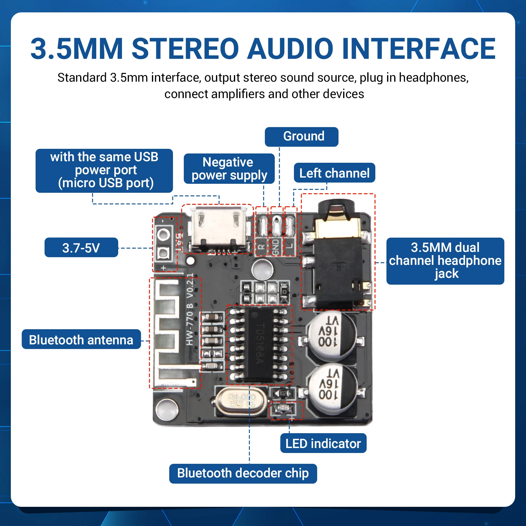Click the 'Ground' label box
click(x=301, y=137)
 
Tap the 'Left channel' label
click(x=334, y=173)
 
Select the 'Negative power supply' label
click(x=229, y=169)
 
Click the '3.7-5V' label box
click(x=81, y=248)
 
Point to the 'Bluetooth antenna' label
click(x=81, y=339)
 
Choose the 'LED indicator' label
click(x=323, y=443)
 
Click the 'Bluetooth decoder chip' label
click(x=243, y=473)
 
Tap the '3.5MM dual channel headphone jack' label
click(x=445, y=261)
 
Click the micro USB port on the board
click(x=218, y=229)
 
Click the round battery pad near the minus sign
click(x=163, y=234)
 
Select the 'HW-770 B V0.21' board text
click(x=190, y=309)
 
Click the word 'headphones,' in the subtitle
click(x=433, y=78)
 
